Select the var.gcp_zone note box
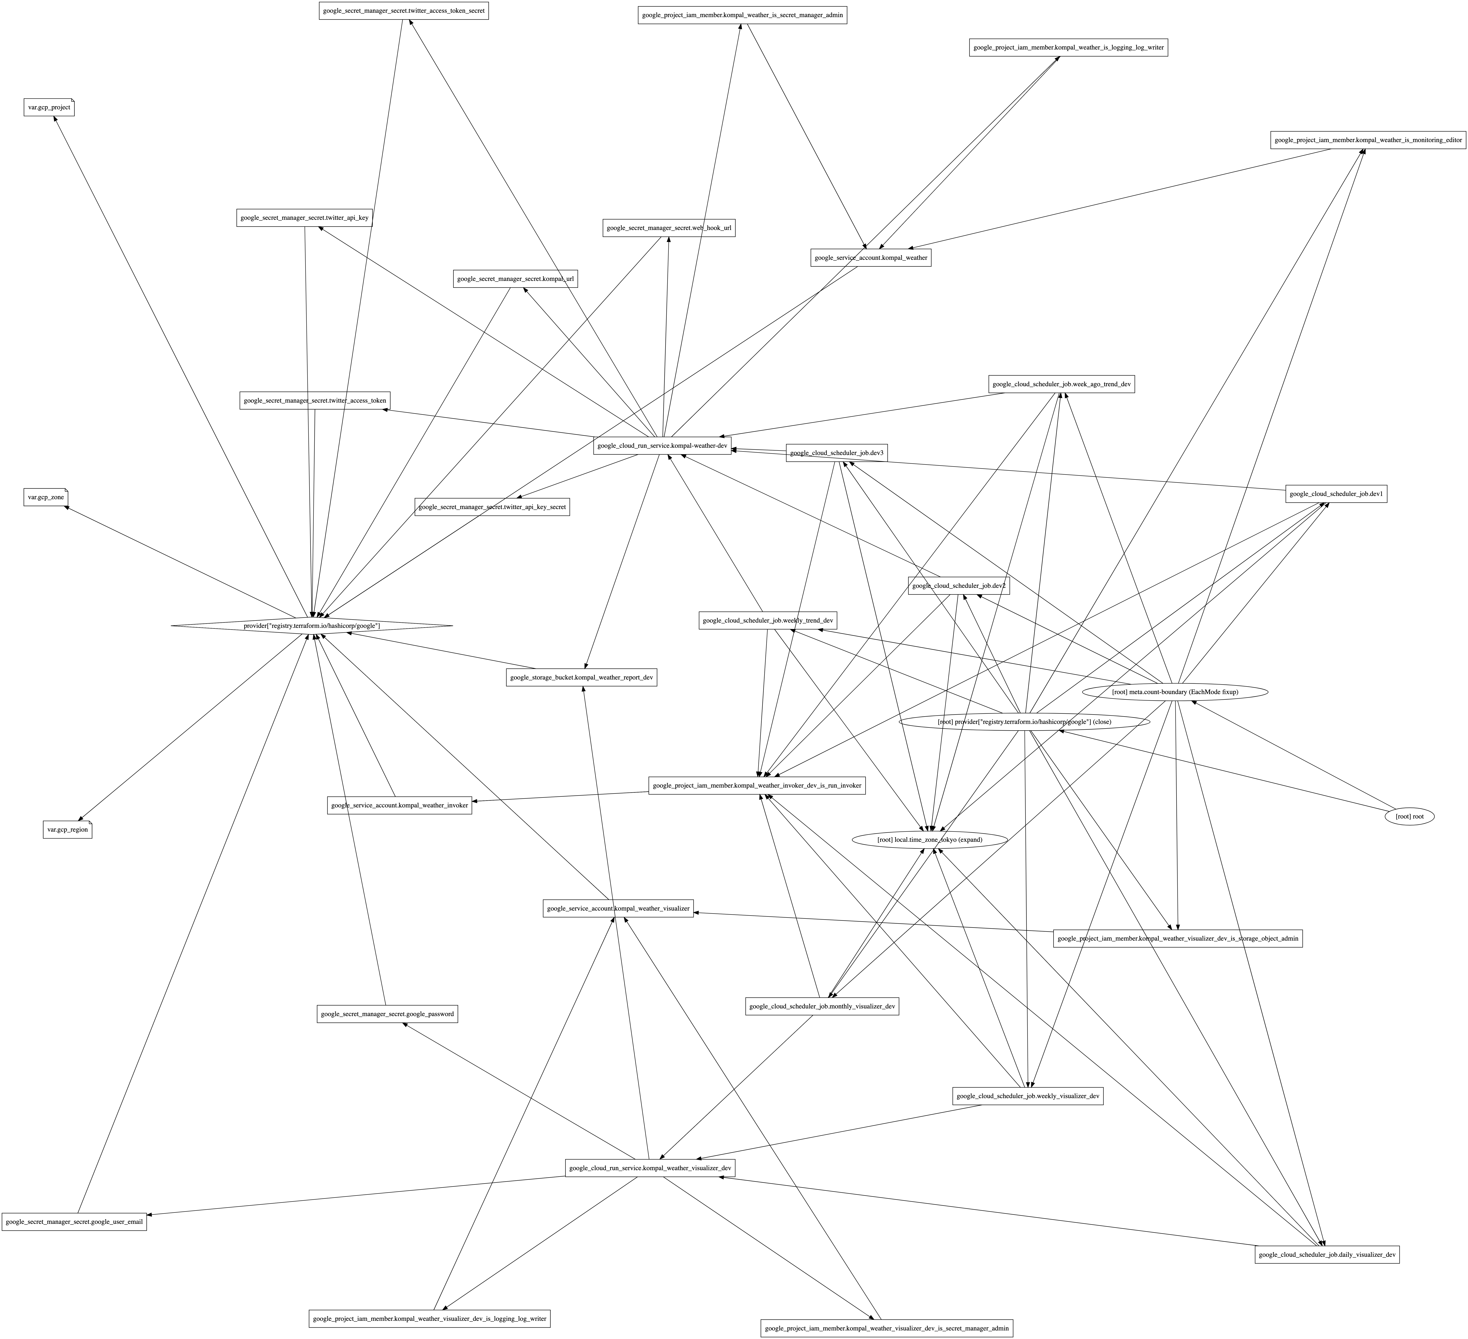pos(46,497)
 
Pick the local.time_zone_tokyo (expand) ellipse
pos(930,840)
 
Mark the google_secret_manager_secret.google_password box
pos(387,1014)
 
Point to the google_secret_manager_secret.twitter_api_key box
pos(304,218)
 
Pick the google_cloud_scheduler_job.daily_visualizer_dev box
pos(1327,1254)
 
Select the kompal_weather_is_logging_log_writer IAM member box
pos(1068,47)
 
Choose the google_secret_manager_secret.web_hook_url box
pos(669,228)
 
